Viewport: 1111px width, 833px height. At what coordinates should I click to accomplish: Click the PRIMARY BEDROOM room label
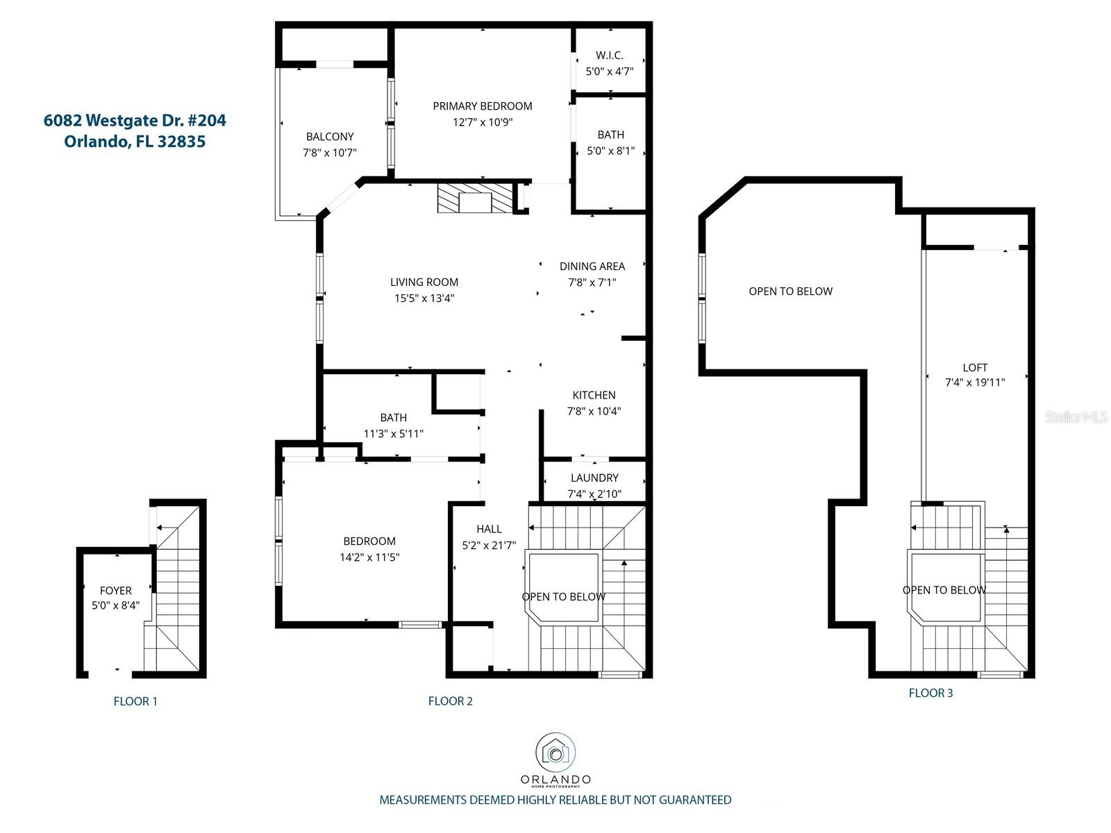click(483, 106)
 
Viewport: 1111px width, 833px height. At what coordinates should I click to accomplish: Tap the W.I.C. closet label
click(610, 55)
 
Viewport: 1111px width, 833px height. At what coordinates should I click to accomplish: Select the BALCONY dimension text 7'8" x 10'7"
click(330, 153)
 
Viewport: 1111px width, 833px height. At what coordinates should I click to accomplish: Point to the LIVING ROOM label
click(424, 283)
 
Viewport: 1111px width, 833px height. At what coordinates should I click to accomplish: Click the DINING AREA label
click(592, 267)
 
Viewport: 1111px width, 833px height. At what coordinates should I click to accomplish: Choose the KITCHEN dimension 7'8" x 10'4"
click(594, 411)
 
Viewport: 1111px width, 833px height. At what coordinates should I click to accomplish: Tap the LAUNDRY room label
click(594, 478)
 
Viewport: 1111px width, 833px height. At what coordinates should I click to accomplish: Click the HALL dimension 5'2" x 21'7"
click(489, 545)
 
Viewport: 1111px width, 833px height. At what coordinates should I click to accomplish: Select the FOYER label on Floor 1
click(115, 591)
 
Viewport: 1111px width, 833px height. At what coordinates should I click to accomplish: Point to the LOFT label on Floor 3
click(975, 368)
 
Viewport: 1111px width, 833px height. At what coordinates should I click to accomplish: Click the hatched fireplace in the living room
click(475, 198)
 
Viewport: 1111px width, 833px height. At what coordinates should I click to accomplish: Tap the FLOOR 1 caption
click(135, 701)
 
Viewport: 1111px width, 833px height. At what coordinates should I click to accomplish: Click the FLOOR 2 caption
click(451, 701)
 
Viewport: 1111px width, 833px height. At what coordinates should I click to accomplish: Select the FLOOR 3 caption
click(931, 693)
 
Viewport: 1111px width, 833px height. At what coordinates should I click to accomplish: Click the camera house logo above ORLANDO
click(555, 753)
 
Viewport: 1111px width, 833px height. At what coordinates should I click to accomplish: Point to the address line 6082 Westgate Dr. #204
click(135, 120)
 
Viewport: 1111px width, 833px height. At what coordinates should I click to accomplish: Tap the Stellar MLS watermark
click(1076, 416)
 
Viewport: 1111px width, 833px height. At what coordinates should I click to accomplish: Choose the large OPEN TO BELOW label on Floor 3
click(791, 292)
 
